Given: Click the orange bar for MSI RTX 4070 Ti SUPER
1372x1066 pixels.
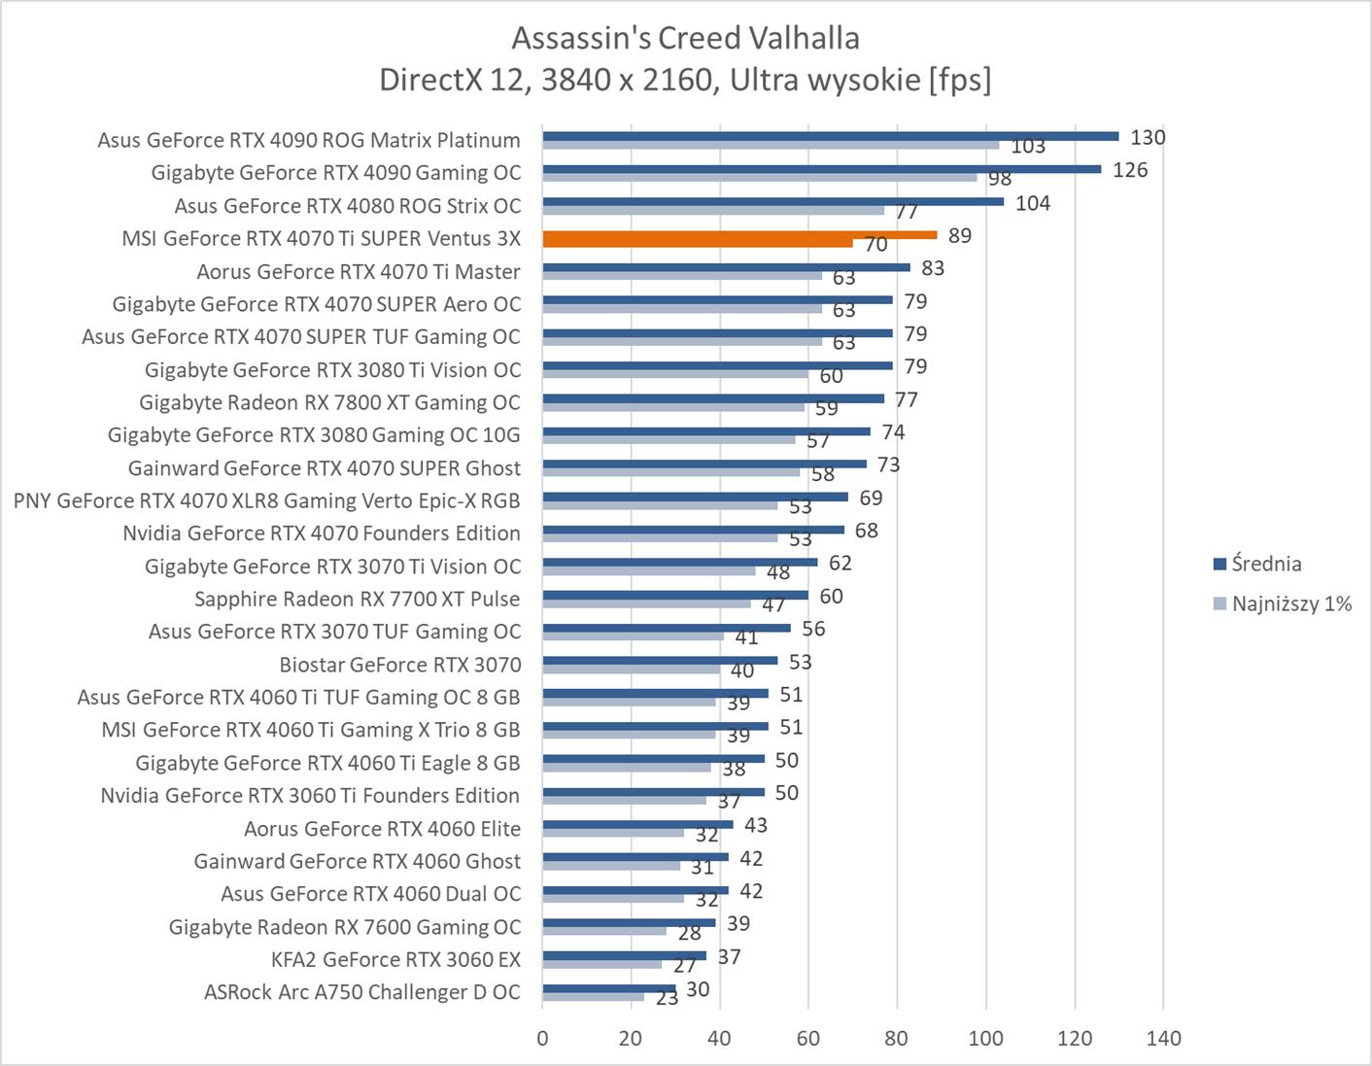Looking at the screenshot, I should [738, 234].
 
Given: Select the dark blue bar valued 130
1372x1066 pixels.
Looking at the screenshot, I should [830, 136].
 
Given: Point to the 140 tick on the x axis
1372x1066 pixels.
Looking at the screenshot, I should [1163, 1039].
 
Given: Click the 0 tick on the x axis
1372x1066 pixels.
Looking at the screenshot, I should [542, 1039].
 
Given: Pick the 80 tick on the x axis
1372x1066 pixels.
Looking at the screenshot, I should [897, 1039].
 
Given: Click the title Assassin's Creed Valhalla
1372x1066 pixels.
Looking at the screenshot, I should [685, 38].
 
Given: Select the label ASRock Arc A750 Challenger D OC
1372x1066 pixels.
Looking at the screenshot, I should [362, 992].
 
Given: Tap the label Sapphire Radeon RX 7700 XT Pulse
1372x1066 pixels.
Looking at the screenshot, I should [357, 599].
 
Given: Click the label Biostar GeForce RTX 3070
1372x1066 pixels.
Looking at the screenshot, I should [399, 665].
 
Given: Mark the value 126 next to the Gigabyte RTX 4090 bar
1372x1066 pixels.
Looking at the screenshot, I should [1130, 170].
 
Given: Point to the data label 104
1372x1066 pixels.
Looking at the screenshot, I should [1033, 203].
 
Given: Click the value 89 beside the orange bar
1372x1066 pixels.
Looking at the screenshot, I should [960, 235].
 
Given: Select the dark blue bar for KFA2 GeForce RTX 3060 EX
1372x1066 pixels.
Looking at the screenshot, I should [624, 955].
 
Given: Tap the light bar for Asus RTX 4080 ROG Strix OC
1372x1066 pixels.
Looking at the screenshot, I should [712, 210].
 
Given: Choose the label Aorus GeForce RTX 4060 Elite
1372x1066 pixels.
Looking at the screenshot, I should [382, 829].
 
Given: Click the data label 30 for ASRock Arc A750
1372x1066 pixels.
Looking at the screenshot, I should [698, 989].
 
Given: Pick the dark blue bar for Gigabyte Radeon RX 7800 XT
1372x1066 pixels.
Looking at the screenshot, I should [712, 398].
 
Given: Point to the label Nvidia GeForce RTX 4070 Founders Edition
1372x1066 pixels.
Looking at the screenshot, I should [321, 533].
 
